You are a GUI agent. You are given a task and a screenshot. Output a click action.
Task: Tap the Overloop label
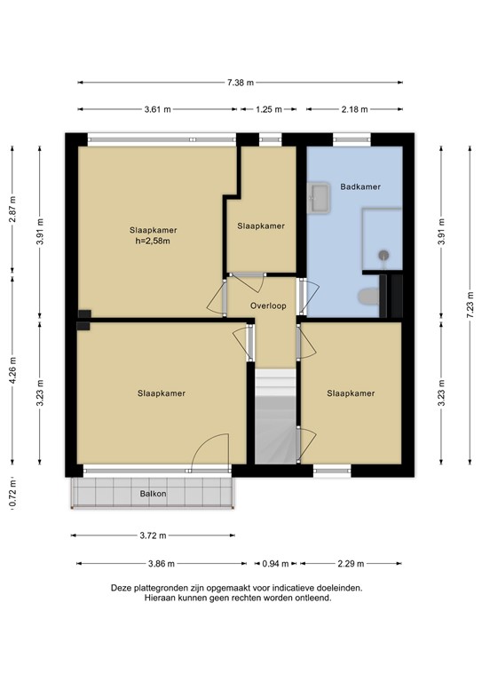(268, 305)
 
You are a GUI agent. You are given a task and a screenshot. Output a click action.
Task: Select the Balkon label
(153, 494)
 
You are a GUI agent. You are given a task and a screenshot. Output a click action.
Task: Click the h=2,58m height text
(152, 240)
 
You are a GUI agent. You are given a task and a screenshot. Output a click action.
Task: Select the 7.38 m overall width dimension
(240, 83)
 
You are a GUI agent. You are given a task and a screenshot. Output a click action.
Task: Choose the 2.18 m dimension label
(355, 109)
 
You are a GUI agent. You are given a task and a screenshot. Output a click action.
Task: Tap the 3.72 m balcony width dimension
(153, 536)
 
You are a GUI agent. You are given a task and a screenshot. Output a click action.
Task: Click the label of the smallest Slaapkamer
(261, 226)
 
